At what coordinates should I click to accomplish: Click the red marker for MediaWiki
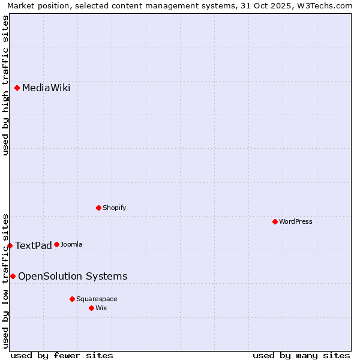17,88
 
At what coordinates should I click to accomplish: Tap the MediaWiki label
46,88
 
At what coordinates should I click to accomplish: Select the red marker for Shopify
99,208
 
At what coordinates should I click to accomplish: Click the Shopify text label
114,208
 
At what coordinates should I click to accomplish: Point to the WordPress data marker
275,221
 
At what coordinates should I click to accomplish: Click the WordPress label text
296,221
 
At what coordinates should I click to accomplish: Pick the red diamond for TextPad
10,245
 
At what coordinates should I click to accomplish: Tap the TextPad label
33,245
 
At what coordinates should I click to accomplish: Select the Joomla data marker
57,244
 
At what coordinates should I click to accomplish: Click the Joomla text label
71,244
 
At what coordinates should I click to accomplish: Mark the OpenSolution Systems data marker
13,276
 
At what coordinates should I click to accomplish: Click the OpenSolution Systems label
73,276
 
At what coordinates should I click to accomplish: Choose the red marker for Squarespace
73,299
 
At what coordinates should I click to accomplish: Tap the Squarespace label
97,299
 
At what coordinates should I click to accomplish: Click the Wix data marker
92,308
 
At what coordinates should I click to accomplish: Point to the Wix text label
101,308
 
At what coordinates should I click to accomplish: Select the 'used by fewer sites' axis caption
62,355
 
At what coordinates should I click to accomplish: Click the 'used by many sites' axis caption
301,355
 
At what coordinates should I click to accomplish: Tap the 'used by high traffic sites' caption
5,85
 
